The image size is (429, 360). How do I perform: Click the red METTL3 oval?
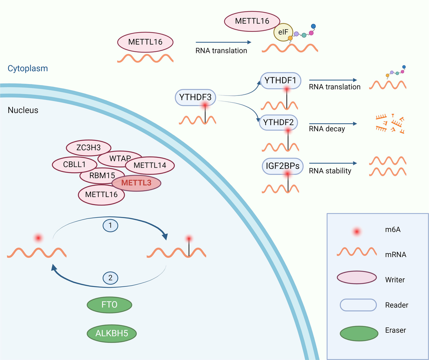137,183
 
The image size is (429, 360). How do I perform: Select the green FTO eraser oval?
110,305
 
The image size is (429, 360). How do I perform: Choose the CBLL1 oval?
74,165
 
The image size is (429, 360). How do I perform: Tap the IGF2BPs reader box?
282,166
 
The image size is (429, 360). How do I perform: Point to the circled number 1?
110,225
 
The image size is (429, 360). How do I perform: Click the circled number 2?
110,277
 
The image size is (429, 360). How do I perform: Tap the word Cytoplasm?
28,68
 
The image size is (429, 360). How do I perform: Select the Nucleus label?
23,110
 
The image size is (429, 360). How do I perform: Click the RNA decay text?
327,129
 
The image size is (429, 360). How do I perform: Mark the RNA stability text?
330,171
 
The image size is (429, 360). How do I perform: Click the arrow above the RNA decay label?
333,124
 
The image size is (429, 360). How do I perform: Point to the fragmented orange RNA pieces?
390,124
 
